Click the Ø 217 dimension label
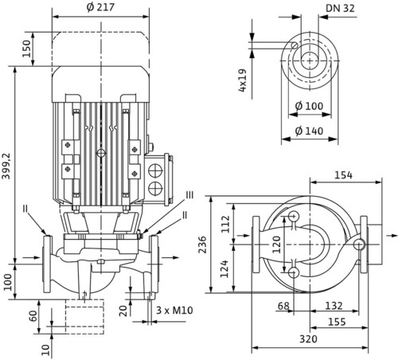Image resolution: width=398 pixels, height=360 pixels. point(100,7)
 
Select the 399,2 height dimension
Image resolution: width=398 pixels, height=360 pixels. point(6,166)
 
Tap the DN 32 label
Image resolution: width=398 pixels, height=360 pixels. point(340,9)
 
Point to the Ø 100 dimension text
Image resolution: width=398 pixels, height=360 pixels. point(309,106)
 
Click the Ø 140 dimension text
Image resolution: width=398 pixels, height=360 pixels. point(309,131)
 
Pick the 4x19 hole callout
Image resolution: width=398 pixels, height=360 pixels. point(243,80)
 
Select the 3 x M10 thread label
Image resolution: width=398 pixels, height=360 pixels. point(174,310)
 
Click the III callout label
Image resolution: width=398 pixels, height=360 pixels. point(189,195)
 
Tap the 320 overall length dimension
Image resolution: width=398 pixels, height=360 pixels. point(308,339)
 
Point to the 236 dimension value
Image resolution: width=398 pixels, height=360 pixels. point(203,245)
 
